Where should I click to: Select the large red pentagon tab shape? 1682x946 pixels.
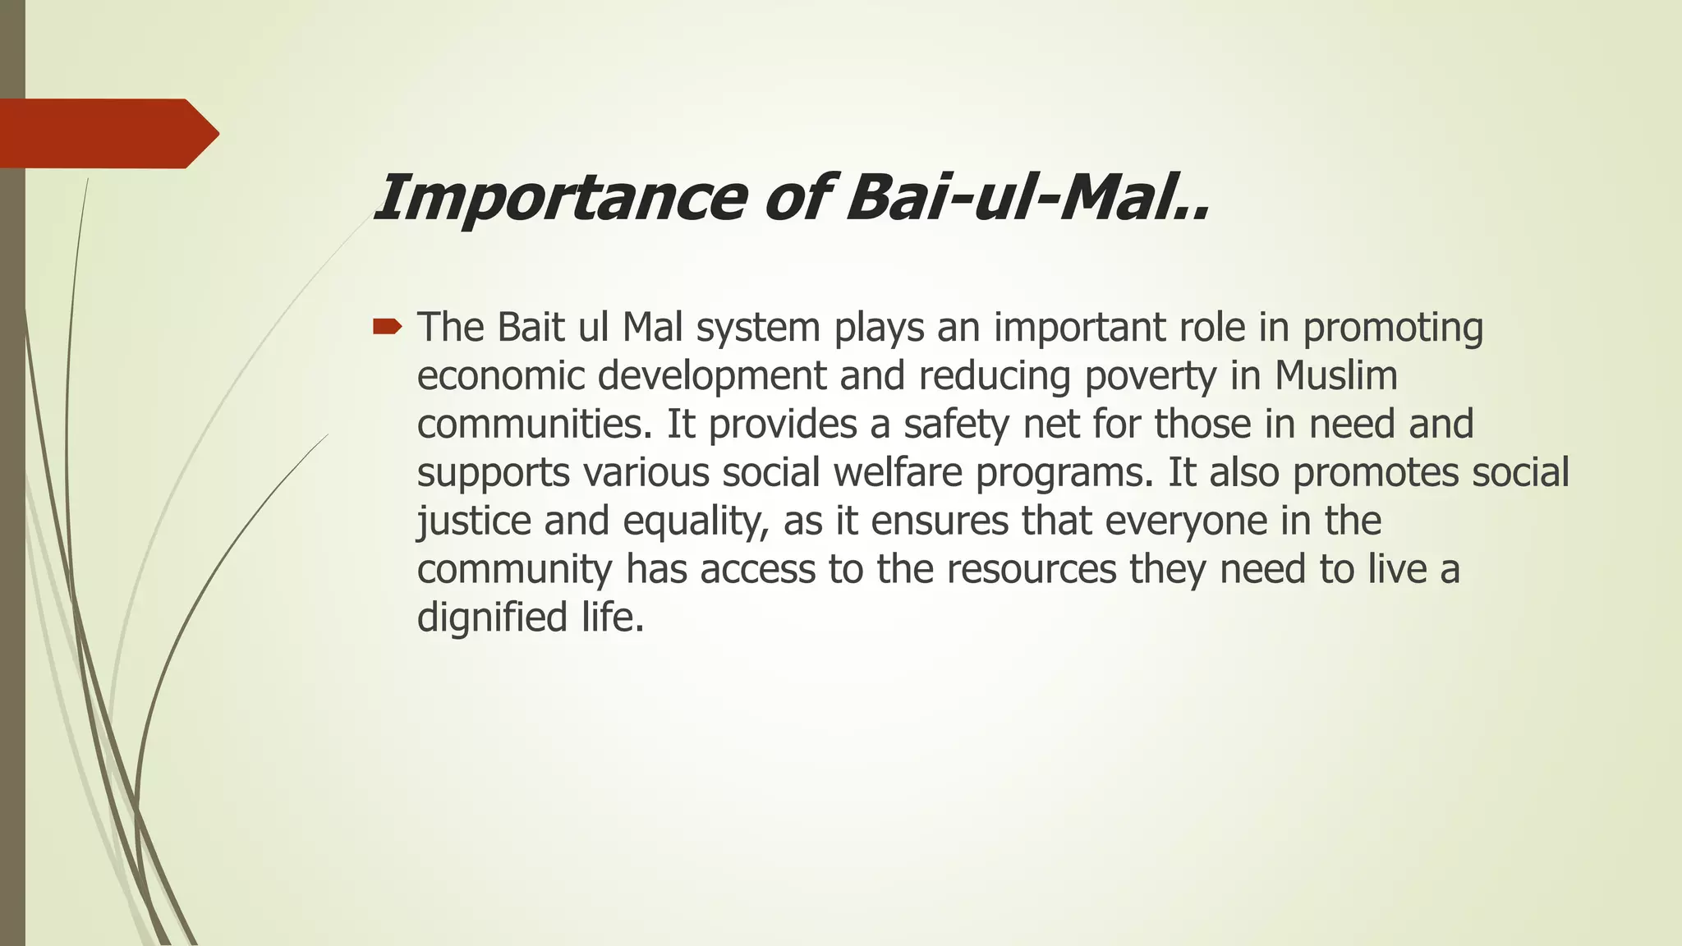point(107,133)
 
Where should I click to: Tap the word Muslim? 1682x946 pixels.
point(1335,375)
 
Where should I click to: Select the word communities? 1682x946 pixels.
point(535,425)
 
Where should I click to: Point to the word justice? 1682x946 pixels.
point(474,521)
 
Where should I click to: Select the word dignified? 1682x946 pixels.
point(492,618)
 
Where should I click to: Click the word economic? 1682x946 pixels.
point(500,376)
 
